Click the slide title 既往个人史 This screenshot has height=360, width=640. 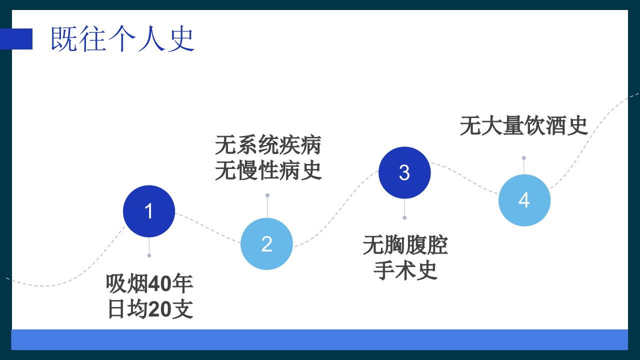(x=122, y=39)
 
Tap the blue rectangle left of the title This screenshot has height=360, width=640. (x=16, y=39)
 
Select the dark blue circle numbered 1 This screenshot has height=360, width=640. (x=149, y=211)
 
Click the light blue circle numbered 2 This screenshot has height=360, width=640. (x=266, y=243)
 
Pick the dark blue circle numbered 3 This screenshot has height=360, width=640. (x=404, y=172)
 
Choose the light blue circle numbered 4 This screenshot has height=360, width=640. (x=524, y=200)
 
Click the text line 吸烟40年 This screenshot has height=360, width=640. (x=149, y=283)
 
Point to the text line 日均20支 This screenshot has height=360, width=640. (x=150, y=309)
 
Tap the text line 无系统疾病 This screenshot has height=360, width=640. (x=268, y=145)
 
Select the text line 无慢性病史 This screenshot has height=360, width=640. (x=268, y=170)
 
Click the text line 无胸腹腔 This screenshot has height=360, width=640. (x=405, y=245)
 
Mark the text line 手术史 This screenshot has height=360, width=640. (x=405, y=270)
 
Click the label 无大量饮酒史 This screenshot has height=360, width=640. (x=524, y=125)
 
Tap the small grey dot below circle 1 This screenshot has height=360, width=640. (x=149, y=255)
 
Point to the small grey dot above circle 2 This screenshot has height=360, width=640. (x=267, y=195)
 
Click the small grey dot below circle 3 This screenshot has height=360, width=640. (x=404, y=217)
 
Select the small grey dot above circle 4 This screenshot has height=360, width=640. (x=523, y=157)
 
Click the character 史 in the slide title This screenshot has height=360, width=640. (x=181, y=39)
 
